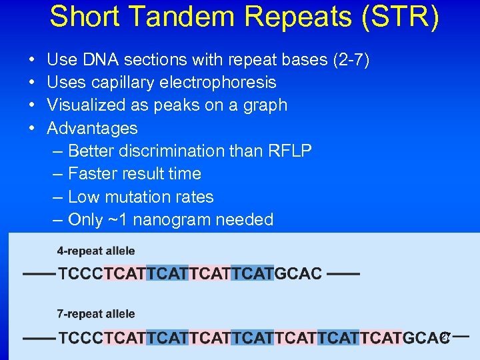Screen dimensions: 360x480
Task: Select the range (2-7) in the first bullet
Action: click(351, 60)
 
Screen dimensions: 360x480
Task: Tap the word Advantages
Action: click(92, 128)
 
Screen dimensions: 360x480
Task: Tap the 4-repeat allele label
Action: click(96, 251)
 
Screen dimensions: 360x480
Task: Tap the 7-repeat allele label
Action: click(96, 314)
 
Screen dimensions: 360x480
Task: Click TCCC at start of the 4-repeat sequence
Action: click(81, 274)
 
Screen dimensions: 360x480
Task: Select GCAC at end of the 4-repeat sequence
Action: click(298, 274)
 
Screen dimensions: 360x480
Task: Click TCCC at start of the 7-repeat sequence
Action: click(81, 337)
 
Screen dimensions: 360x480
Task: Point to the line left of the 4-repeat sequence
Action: click(39, 274)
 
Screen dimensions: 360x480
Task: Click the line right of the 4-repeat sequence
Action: click(344, 273)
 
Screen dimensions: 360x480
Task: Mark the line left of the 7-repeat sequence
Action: click(39, 338)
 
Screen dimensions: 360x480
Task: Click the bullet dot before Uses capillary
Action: click(33, 83)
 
